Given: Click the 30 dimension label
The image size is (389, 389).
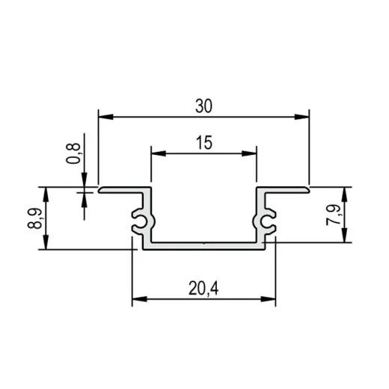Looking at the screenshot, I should [203, 106].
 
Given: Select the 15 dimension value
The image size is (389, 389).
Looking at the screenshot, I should [203, 143].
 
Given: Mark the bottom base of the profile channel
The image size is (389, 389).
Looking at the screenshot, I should [203, 245].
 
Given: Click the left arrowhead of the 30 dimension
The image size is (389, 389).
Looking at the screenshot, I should [105, 116].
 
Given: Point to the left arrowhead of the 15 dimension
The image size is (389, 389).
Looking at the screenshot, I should [156, 153].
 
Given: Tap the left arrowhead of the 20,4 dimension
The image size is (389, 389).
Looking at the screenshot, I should [138, 299].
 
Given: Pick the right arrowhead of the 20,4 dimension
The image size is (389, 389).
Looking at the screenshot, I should [269, 299].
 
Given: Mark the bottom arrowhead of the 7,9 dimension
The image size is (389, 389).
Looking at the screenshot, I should [346, 238].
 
